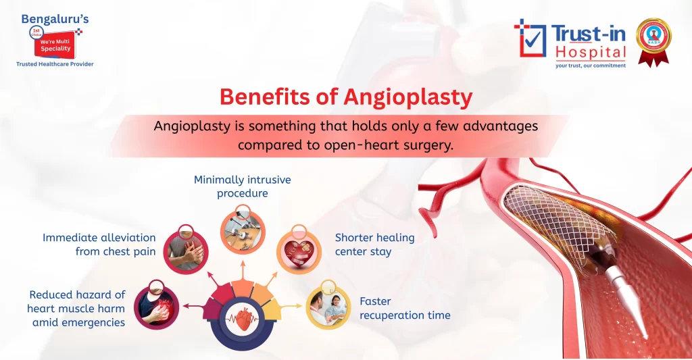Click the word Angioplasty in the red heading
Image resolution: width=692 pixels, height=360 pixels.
(407, 97)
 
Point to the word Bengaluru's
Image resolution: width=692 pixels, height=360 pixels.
(53, 18)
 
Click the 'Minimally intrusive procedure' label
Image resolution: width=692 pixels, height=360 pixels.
(243, 186)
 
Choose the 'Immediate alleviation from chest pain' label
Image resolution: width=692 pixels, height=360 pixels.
(99, 245)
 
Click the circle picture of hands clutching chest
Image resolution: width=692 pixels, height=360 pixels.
(186, 250)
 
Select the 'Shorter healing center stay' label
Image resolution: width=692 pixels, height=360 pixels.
(374, 245)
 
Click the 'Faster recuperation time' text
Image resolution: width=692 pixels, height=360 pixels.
(404, 308)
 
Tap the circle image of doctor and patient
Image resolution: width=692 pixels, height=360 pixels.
(328, 307)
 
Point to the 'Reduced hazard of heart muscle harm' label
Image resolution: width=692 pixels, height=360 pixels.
(77, 308)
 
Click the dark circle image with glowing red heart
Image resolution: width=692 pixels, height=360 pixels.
(157, 307)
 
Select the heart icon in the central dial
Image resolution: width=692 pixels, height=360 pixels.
(242, 317)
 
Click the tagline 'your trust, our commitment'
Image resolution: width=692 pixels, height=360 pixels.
(590, 66)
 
